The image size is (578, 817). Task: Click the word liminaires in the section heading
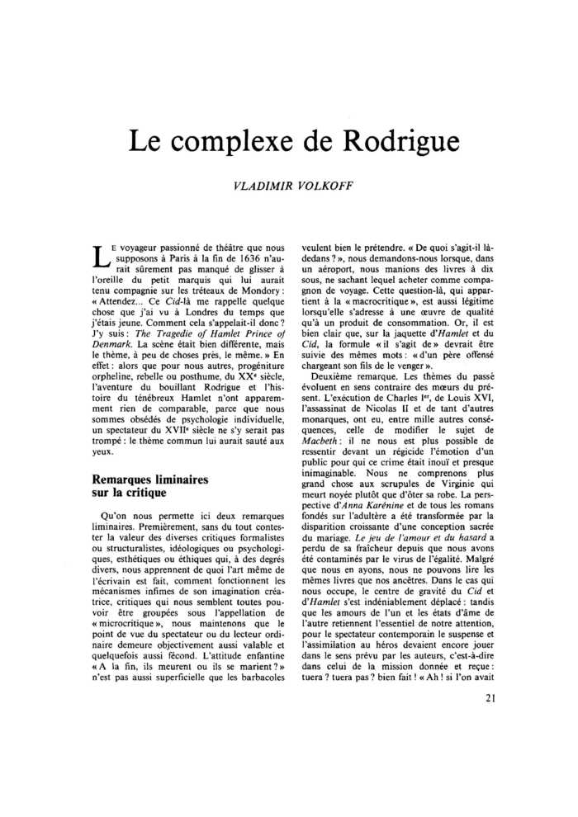(x=176, y=479)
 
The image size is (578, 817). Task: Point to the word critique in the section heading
(x=142, y=493)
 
